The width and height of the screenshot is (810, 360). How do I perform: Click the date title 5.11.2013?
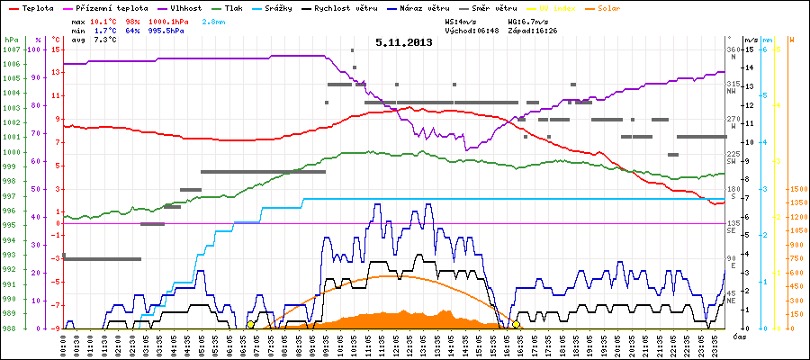[403, 41]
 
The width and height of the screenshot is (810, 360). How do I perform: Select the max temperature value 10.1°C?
[104, 20]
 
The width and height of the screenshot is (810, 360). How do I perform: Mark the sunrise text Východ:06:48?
[471, 30]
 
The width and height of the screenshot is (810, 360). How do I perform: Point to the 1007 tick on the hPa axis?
[11, 49]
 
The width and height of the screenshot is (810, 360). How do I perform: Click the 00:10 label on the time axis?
[64, 344]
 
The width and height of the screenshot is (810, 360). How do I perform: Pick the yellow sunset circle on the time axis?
[517, 324]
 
